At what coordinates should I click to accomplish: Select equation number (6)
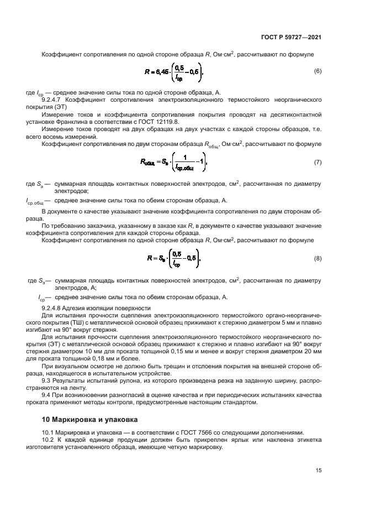(x=318, y=71)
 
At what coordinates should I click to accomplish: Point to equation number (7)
(x=318, y=163)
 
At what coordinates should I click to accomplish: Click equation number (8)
(x=318, y=258)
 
